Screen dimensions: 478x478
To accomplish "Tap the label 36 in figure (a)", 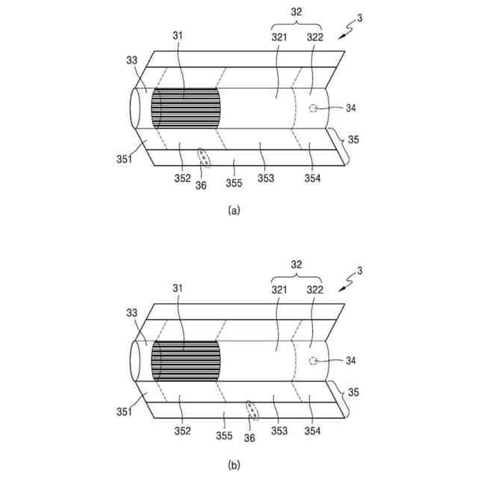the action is [200, 185].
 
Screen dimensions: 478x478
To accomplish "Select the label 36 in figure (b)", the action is [249, 438].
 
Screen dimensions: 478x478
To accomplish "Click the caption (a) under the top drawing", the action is [234, 211].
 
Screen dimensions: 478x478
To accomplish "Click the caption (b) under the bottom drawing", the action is [234, 465].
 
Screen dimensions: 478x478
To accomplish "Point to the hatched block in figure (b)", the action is [186, 362].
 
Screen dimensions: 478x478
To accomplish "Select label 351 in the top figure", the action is [123, 158].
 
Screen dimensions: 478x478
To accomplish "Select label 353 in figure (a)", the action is [266, 178].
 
